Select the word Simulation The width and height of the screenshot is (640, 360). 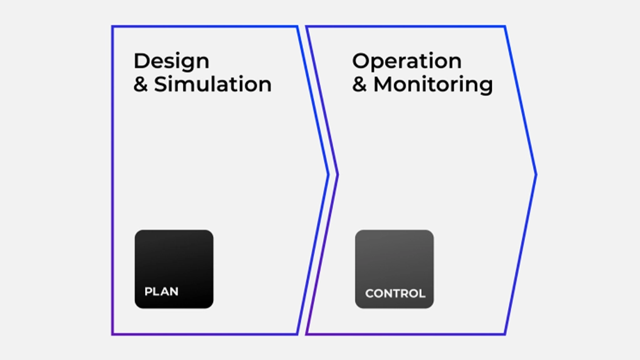click(x=212, y=84)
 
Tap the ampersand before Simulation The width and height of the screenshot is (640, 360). click(x=141, y=85)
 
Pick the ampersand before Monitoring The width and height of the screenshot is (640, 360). click(x=359, y=85)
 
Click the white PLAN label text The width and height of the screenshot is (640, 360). click(x=161, y=291)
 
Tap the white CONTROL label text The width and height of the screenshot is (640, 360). click(x=395, y=293)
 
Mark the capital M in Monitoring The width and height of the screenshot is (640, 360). click(x=384, y=84)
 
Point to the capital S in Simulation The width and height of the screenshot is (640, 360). click(x=161, y=84)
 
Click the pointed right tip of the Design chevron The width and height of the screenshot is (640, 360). click(x=329, y=175)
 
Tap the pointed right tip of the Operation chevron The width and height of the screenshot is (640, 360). click(x=536, y=175)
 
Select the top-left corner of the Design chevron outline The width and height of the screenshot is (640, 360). click(x=112, y=26)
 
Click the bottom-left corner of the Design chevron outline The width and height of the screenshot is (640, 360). click(x=112, y=334)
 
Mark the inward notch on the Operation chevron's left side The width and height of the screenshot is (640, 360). click(x=337, y=175)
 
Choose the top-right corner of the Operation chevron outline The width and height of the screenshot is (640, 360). click(x=505, y=26)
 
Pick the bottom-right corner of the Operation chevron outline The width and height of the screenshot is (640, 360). click(x=505, y=334)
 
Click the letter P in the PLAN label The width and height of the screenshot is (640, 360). click(x=148, y=291)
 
